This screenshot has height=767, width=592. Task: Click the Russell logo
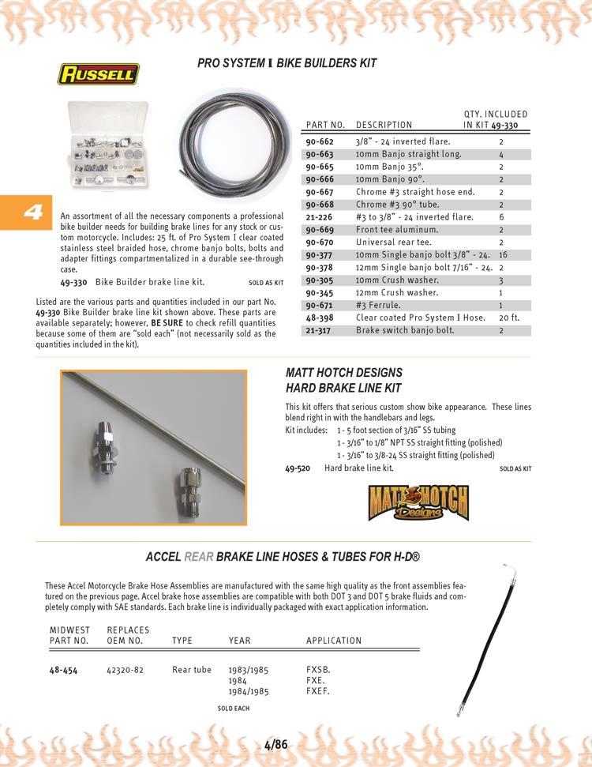[x=98, y=74]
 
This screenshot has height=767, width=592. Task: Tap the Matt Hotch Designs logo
[x=418, y=503]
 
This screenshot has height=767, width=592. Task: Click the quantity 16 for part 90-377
[x=503, y=255]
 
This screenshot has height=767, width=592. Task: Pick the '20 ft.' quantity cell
[x=508, y=318]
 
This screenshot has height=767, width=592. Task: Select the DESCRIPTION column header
[x=384, y=125]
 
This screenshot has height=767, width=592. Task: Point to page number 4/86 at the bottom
[x=275, y=744]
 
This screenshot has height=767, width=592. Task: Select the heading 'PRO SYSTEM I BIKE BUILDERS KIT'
[x=287, y=63]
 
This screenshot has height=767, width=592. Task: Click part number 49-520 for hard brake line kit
[x=297, y=468]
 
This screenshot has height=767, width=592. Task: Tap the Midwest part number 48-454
[x=63, y=670]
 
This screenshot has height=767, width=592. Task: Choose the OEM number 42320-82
[x=124, y=670]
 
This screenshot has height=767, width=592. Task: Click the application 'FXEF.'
[x=317, y=691]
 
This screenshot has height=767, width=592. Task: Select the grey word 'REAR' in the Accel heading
[x=199, y=557]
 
